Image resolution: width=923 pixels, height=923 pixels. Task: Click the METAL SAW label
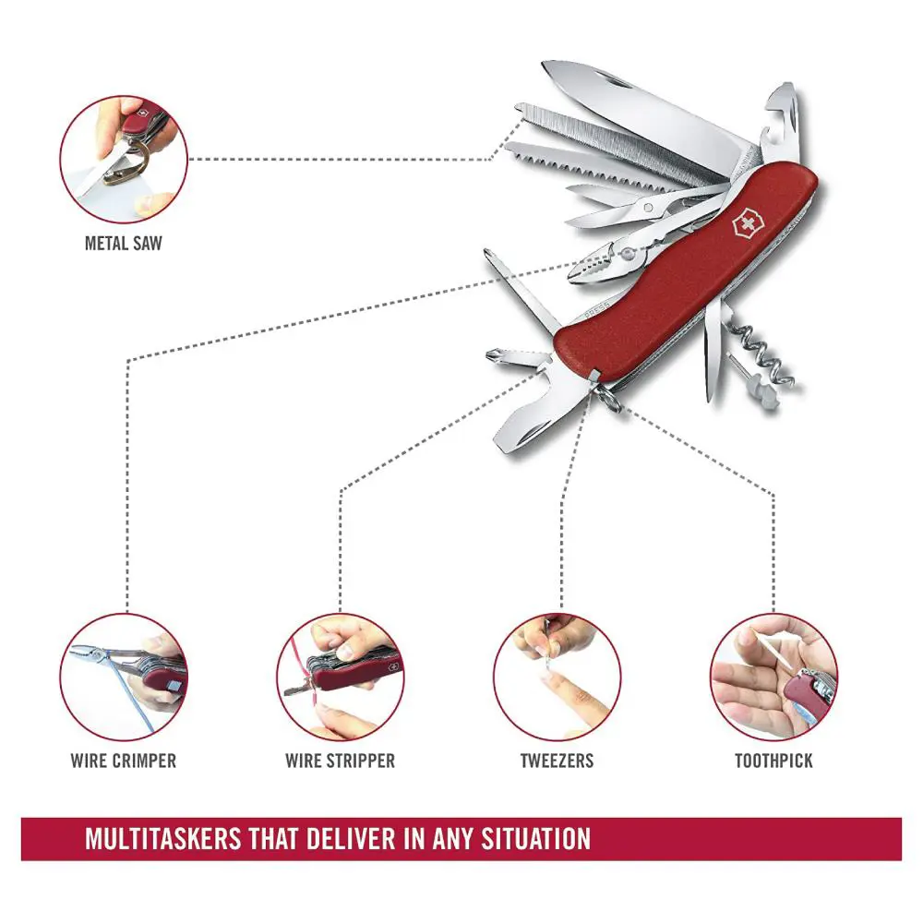(123, 245)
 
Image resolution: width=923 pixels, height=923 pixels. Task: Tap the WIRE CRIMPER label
(123, 761)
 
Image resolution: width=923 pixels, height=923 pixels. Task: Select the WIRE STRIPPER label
(340, 761)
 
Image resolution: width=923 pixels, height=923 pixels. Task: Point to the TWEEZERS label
(557, 761)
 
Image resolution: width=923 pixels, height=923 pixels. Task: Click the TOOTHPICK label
(773, 761)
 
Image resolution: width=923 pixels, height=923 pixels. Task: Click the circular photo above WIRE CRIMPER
(124, 677)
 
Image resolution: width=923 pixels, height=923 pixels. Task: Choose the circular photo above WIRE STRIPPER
(341, 677)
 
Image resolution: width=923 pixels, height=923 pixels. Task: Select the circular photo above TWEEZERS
(557, 677)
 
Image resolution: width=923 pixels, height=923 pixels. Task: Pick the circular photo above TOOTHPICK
(773, 677)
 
